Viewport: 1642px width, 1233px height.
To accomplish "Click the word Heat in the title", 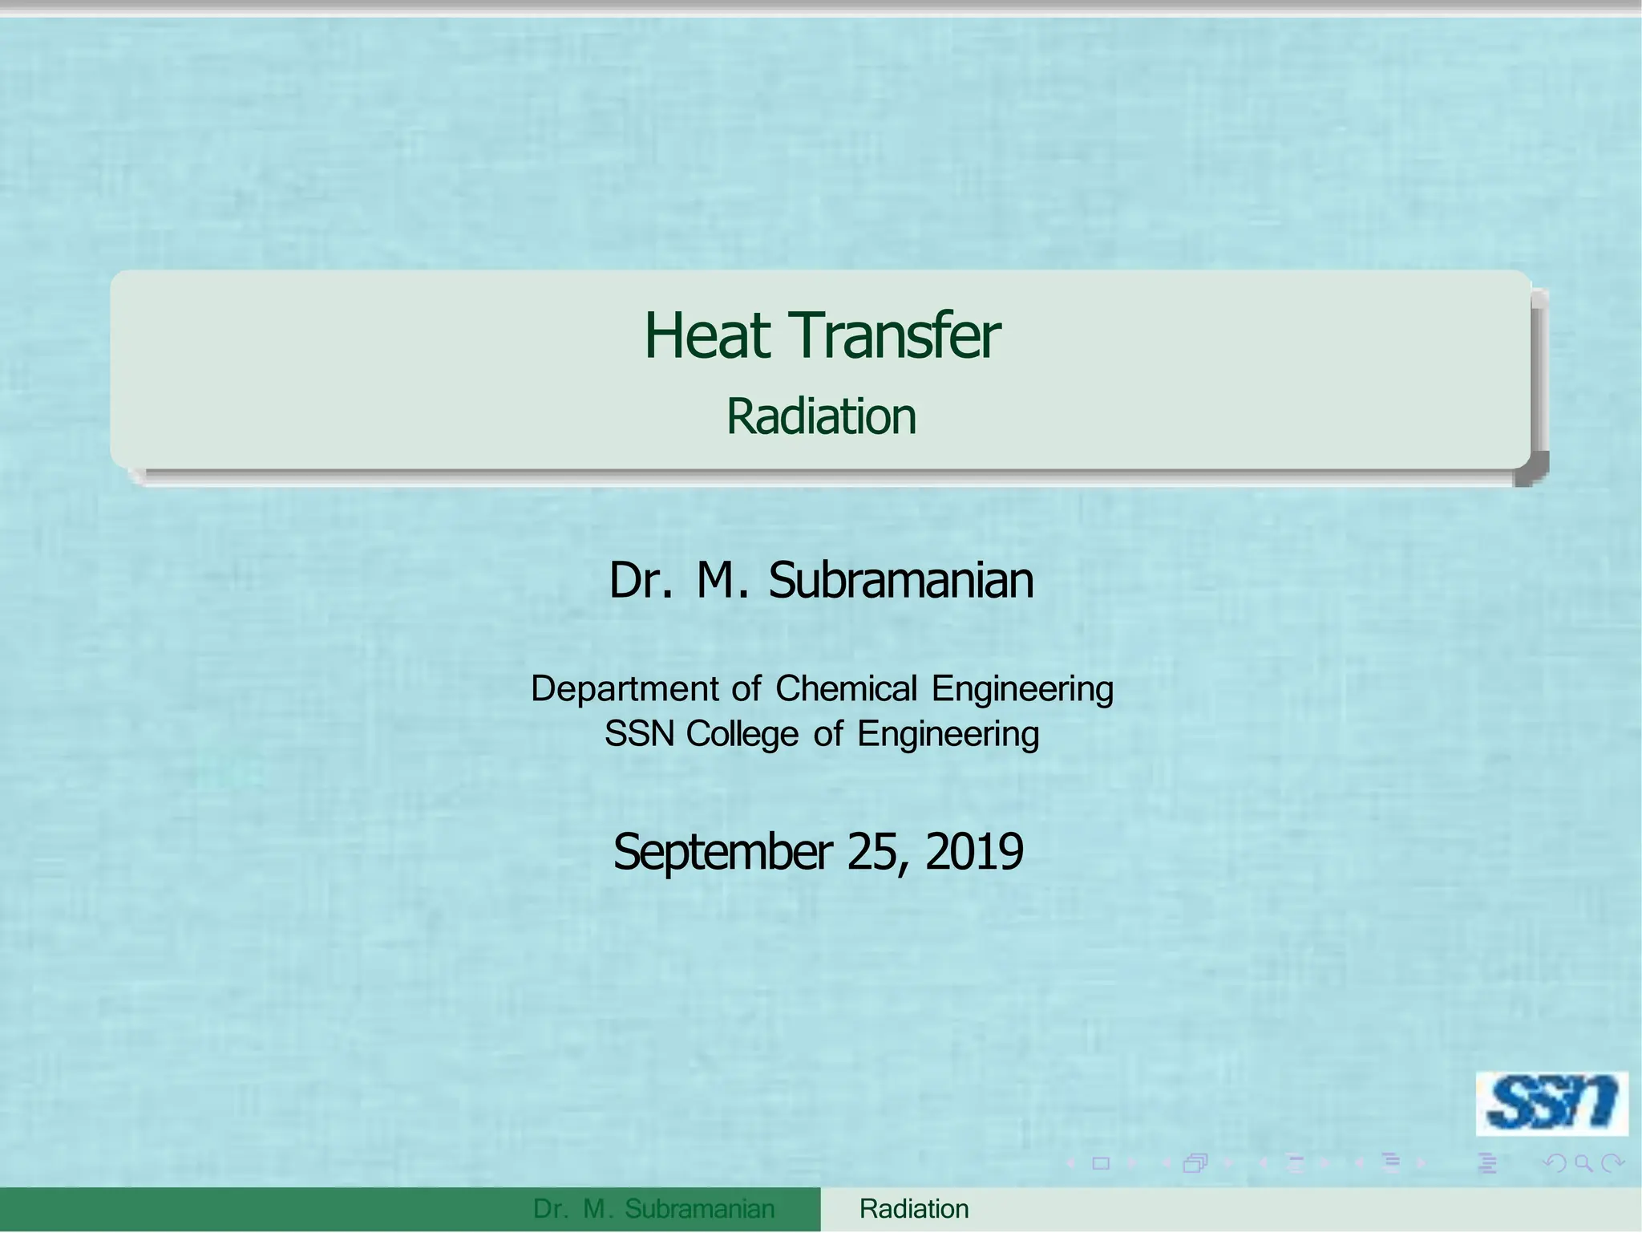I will [x=707, y=336].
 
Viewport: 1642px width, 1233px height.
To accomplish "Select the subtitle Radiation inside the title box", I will [x=821, y=416].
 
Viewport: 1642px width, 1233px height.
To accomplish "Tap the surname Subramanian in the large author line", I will [x=901, y=580].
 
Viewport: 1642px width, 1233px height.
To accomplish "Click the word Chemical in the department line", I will [x=846, y=688].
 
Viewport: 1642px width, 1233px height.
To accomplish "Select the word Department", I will [x=625, y=688].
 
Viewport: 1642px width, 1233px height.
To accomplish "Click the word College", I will [x=742, y=733].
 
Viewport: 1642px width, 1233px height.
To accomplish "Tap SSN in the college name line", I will [x=639, y=733].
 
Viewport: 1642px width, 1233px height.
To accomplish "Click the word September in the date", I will [x=722, y=852].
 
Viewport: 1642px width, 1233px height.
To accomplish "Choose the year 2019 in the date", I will [x=974, y=852].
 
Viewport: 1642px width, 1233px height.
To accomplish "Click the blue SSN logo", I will [x=1551, y=1103].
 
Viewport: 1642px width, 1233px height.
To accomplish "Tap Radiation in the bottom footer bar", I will [x=914, y=1209].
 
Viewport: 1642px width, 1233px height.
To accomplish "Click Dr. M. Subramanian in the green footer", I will [x=653, y=1209].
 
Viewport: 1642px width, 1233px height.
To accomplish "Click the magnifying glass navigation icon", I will [x=1583, y=1162].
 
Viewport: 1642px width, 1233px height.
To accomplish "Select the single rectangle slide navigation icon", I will [x=1101, y=1163].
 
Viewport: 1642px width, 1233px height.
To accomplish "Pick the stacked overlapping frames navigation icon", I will [x=1195, y=1163].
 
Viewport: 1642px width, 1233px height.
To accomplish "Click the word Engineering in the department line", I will [x=1022, y=688].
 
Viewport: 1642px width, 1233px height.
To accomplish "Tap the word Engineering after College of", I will [x=948, y=733].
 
